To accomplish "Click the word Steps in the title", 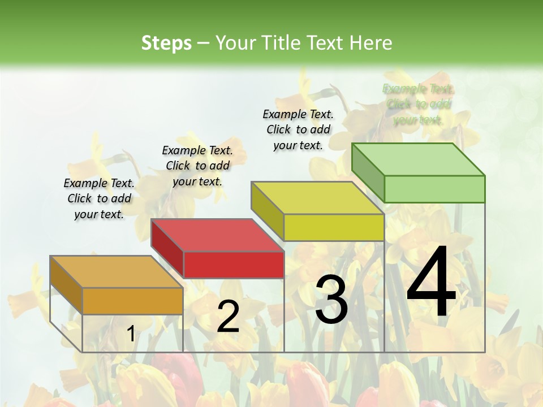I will click(166, 43).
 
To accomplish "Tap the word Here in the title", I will click(371, 43).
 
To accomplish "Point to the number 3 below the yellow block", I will click(331, 300).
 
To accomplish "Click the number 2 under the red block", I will click(228, 317).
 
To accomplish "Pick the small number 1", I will click(131, 334).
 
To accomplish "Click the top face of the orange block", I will click(116, 271).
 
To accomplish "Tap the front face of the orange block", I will click(132, 301).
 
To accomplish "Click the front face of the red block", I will click(233, 265).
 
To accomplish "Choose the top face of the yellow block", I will click(317, 198).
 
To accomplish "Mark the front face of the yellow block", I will click(334, 227).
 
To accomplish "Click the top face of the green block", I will click(418, 159).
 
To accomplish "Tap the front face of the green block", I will click(434, 189).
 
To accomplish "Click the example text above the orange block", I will click(99, 198).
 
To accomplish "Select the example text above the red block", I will click(197, 166).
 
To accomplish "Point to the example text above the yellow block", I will click(298, 129).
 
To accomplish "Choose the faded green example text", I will click(418, 104).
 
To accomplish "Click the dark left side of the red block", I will click(167, 248).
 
